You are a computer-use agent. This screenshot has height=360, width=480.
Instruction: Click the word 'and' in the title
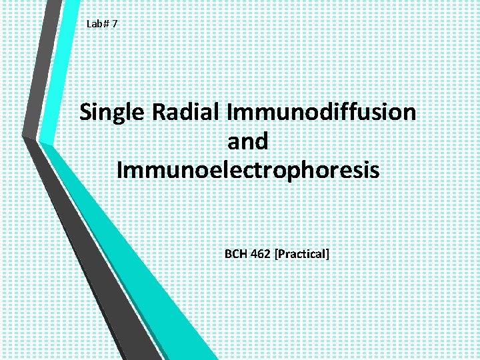coord(247,141)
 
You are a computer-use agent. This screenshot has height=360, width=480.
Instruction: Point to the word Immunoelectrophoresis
coord(247,169)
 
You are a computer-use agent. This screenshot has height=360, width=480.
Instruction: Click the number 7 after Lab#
coord(115,25)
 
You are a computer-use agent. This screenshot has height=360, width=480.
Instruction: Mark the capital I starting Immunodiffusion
coord(230,112)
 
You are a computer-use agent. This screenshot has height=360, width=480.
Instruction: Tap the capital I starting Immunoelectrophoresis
coord(120,169)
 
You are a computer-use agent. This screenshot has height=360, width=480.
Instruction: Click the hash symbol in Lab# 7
coord(107,25)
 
